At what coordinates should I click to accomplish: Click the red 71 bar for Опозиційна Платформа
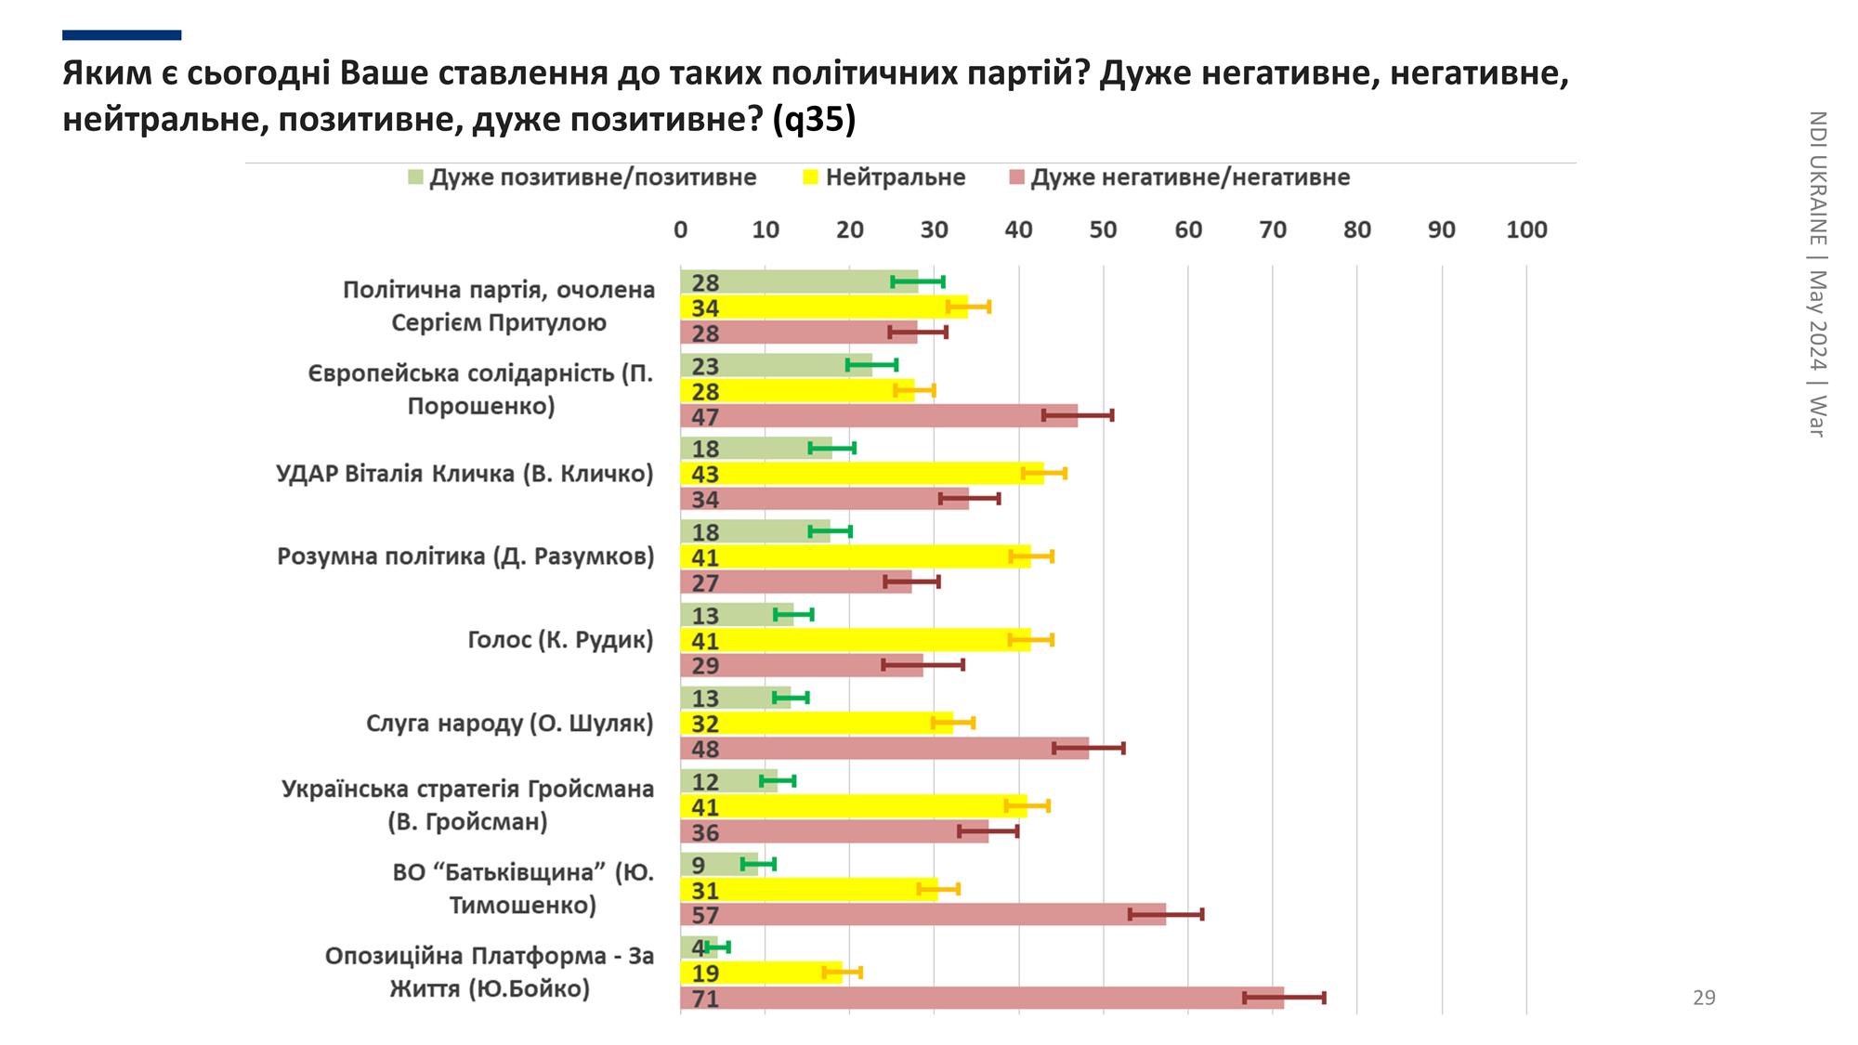pyautogui.click(x=981, y=999)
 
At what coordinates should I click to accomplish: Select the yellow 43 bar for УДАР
pyautogui.click(x=861, y=474)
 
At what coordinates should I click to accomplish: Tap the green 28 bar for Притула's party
pyautogui.click(x=799, y=281)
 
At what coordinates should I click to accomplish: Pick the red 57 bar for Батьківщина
pyautogui.click(x=922, y=915)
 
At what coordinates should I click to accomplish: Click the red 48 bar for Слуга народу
pyautogui.click(x=884, y=749)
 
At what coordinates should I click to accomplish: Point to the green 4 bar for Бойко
pyautogui.click(x=699, y=947)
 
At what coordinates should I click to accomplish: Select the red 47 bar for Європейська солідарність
pyautogui.click(x=879, y=416)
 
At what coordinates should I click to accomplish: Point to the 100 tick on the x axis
pyautogui.click(x=1526, y=229)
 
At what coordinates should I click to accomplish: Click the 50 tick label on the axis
pyautogui.click(x=1104, y=229)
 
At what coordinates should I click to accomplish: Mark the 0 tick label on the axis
pyautogui.click(x=681, y=229)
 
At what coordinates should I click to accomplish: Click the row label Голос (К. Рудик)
pyautogui.click(x=560, y=640)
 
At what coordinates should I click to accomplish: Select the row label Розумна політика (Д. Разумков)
pyautogui.click(x=465, y=556)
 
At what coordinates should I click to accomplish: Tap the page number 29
pyautogui.click(x=1704, y=998)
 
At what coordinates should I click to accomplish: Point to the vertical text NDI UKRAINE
pyautogui.click(x=1818, y=176)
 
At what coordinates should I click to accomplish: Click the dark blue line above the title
pyautogui.click(x=122, y=35)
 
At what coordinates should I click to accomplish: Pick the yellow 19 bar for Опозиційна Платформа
pyautogui.click(x=761, y=973)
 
